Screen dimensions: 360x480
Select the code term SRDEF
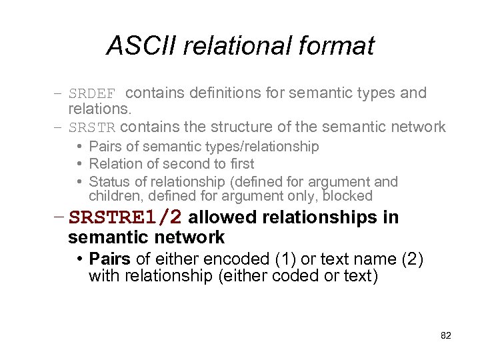(93, 93)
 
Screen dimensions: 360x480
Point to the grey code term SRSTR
(93, 127)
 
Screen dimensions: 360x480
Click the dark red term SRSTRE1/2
(126, 218)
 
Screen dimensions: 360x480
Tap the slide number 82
(446, 335)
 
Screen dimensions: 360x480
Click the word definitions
(219, 93)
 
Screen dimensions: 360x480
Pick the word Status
(108, 181)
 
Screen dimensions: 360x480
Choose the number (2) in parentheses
(412, 259)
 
